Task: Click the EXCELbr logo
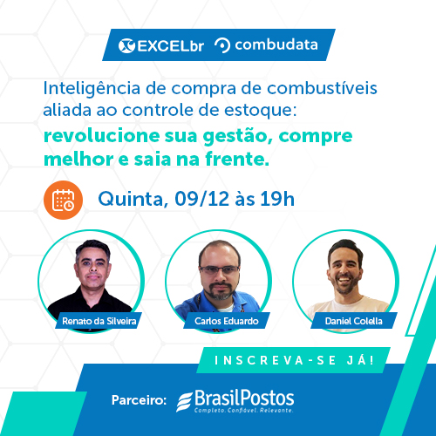point(161,45)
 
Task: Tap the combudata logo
point(266,45)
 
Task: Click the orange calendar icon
point(63,200)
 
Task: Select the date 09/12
point(201,199)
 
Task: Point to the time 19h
point(277,199)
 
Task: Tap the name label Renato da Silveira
point(99,321)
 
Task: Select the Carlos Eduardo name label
point(227,321)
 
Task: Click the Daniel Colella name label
point(354,321)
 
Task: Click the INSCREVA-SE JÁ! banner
point(294,360)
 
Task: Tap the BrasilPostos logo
point(235,401)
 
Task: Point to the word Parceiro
point(139,400)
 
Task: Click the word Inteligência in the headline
point(92,89)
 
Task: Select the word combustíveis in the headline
point(322,88)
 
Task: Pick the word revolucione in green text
point(102,136)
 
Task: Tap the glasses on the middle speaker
point(220,269)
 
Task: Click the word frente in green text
point(237,160)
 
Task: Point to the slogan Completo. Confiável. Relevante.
point(243,410)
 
